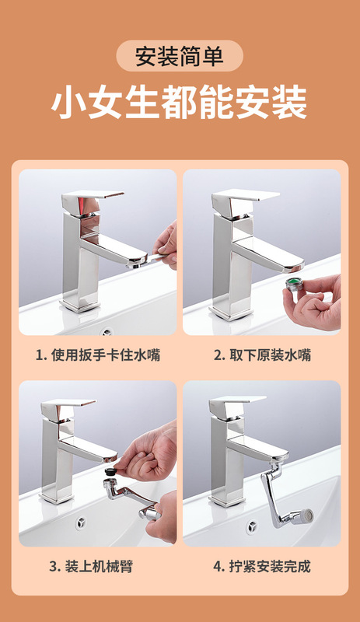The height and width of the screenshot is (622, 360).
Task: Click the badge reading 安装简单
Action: [180, 56]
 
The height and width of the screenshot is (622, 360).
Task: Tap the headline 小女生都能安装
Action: [180, 103]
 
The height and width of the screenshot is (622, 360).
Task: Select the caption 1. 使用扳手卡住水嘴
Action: [98, 355]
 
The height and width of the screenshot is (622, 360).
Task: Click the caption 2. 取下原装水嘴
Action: [262, 355]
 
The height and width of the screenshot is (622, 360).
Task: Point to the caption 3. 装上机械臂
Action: [91, 567]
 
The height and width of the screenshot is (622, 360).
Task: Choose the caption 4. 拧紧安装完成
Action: [262, 567]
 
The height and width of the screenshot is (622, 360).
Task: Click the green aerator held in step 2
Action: [295, 285]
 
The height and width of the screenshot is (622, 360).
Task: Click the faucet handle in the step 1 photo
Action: [92, 201]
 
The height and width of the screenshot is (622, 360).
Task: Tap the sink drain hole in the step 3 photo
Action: [82, 522]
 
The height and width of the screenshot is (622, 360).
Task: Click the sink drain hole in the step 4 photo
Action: [251, 526]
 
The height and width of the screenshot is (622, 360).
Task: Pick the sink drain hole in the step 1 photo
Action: [107, 332]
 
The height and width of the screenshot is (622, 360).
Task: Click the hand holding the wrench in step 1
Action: [166, 245]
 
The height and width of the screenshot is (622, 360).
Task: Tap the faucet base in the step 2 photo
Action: [231, 313]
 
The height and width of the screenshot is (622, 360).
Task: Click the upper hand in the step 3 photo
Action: [149, 453]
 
